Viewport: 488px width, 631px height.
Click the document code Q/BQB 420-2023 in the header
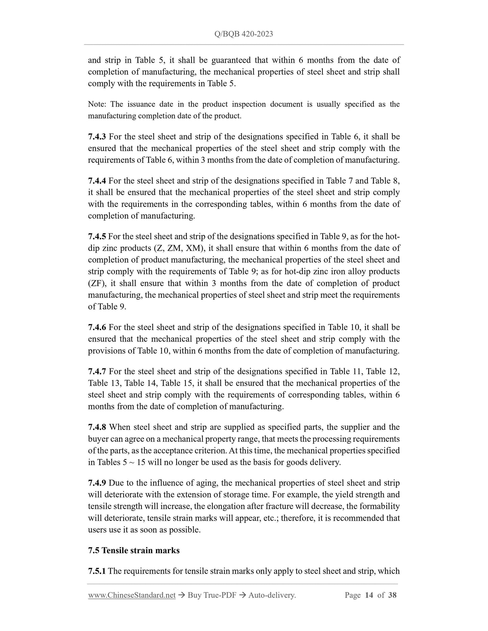coord(243,34)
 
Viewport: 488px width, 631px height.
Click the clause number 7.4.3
coord(97,137)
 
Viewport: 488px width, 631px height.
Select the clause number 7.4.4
coord(97,181)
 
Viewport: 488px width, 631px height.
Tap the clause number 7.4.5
coord(97,236)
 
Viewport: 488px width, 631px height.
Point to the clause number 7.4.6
coord(97,327)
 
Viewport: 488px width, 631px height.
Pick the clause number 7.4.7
coord(97,372)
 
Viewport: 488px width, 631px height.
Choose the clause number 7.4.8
coord(97,427)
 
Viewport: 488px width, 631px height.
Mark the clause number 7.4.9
coord(97,483)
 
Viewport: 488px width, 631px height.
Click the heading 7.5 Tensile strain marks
coord(134,550)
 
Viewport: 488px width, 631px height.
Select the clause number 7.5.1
coord(97,571)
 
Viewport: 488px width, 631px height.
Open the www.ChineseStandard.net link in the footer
coord(132,595)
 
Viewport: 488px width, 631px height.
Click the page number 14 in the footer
coord(369,595)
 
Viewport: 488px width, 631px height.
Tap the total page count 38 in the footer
coord(392,595)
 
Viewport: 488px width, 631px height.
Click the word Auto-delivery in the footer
coord(272,595)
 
